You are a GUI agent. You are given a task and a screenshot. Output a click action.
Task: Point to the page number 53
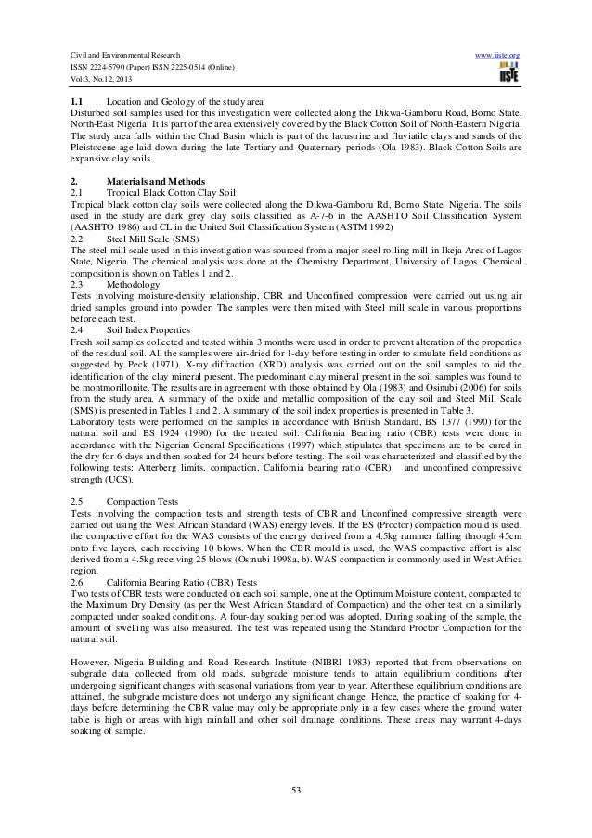coord(296,790)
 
